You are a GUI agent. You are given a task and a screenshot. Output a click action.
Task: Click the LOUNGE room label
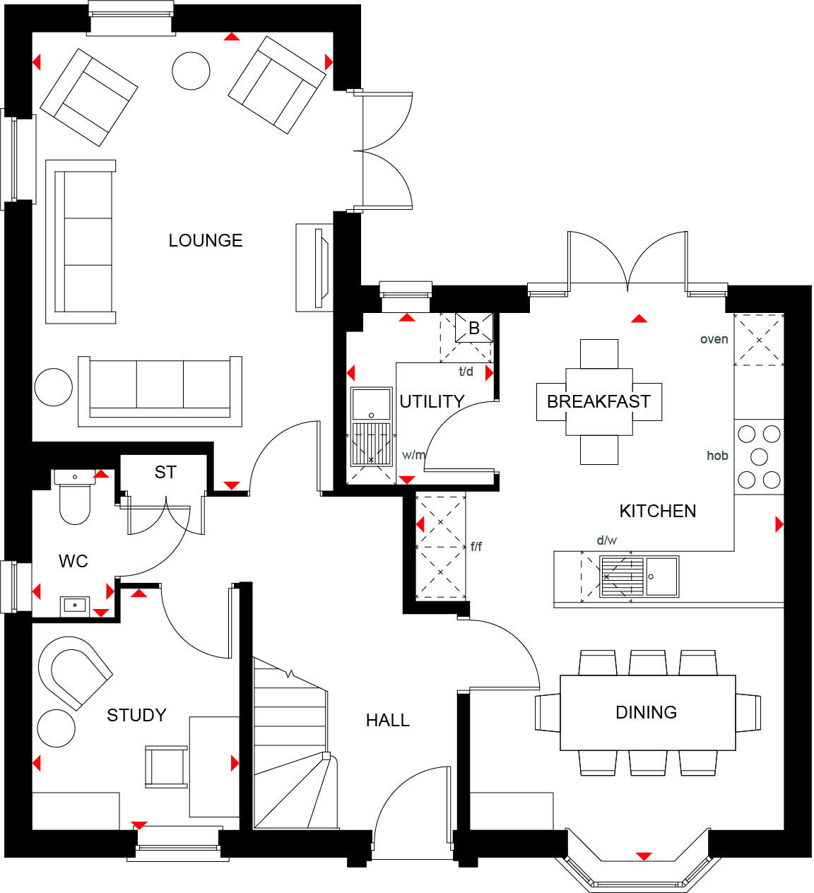[x=205, y=241]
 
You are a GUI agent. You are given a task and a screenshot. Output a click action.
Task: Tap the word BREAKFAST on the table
[x=598, y=402]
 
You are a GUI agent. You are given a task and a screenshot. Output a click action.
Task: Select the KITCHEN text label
[x=657, y=511]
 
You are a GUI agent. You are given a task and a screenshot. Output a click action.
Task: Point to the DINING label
[x=646, y=712]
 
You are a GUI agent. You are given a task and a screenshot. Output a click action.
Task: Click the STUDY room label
[x=136, y=716]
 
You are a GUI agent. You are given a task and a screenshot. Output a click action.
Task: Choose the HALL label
[x=387, y=721]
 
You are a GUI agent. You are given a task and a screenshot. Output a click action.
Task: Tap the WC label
[x=73, y=562]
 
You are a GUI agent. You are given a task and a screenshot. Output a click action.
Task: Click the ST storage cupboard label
[x=165, y=473]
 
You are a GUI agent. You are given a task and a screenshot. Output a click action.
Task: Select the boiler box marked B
[x=474, y=329]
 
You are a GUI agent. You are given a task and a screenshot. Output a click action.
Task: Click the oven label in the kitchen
[x=714, y=340]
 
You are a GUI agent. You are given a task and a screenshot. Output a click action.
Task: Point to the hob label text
[x=717, y=456]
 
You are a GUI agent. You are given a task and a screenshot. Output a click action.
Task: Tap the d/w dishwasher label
[x=606, y=541]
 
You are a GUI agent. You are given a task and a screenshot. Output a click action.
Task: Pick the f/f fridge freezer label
[x=476, y=547]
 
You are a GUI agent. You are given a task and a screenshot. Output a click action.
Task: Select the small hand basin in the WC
[x=74, y=605]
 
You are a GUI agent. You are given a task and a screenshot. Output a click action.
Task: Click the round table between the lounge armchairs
[x=191, y=71]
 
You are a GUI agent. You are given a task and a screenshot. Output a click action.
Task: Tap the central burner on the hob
[x=759, y=456]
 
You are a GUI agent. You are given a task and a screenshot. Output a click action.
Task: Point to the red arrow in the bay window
[x=642, y=856]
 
